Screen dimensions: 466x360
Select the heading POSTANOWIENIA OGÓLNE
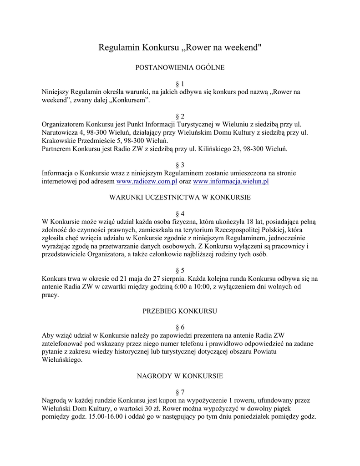(180, 67)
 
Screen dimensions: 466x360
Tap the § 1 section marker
(180, 84)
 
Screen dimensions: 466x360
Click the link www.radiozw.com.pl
(147, 181)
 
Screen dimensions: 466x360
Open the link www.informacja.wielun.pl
(231, 181)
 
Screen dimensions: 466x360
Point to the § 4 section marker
(180, 213)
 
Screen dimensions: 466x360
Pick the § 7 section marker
(180, 392)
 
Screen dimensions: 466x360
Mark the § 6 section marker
(180, 327)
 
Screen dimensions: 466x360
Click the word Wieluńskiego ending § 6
(62, 360)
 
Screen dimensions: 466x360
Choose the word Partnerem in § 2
(57, 148)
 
